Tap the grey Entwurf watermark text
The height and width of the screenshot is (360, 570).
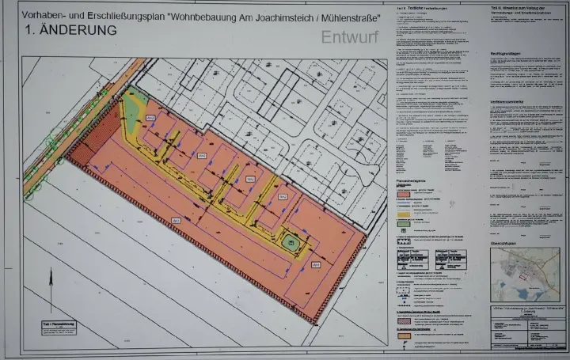(x=350, y=36)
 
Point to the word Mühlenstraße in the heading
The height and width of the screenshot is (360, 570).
(x=348, y=15)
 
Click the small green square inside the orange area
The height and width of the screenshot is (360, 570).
(x=291, y=243)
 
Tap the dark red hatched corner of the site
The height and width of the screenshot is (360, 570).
(x=79, y=150)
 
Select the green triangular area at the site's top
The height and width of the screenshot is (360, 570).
(x=133, y=103)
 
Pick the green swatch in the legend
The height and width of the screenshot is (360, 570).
(x=403, y=224)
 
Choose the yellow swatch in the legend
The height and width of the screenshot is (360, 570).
(x=403, y=212)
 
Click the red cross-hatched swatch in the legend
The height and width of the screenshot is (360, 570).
(x=403, y=321)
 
